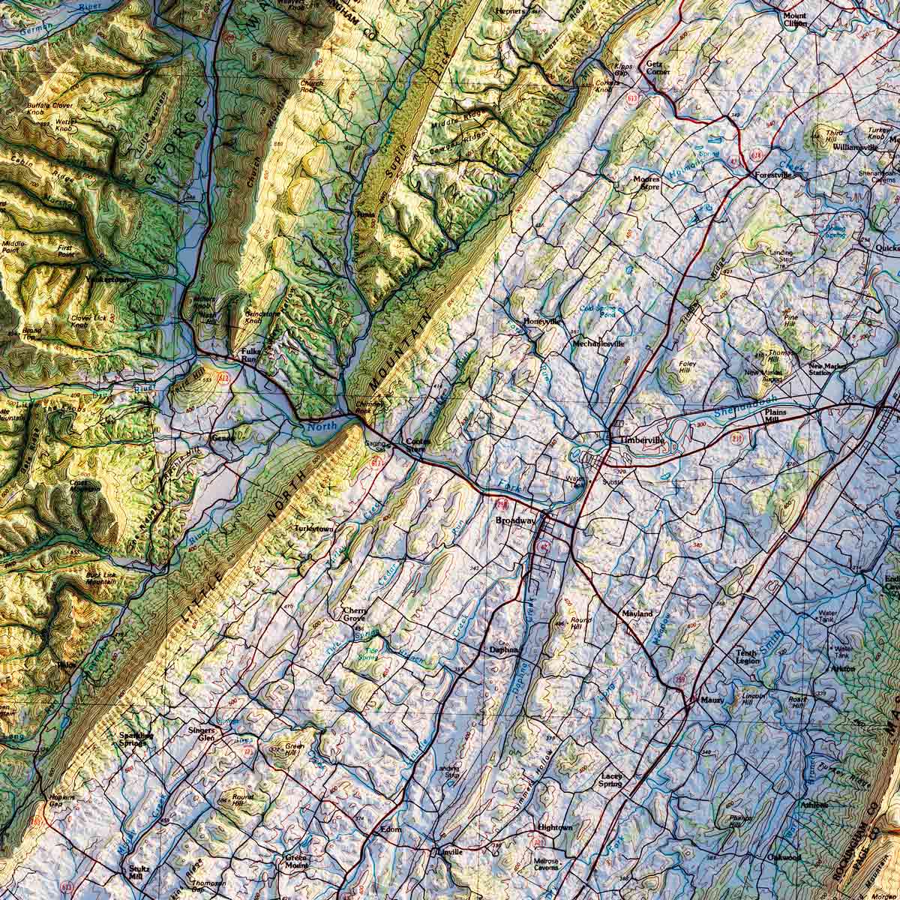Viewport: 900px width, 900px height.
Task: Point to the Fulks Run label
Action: (x=248, y=355)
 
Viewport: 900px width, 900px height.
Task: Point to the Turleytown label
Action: (x=313, y=529)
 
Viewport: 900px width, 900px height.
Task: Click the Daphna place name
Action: (x=505, y=649)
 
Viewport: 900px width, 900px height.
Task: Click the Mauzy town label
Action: (x=713, y=699)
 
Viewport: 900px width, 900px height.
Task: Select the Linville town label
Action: (x=453, y=853)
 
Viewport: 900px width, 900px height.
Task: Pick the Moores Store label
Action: (x=646, y=184)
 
